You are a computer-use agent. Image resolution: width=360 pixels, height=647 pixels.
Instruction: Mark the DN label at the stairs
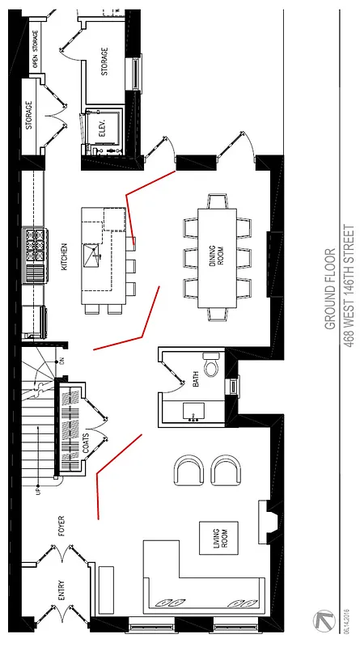[59, 337]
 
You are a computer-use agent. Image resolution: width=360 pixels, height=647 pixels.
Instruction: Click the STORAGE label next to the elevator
[104, 62]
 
